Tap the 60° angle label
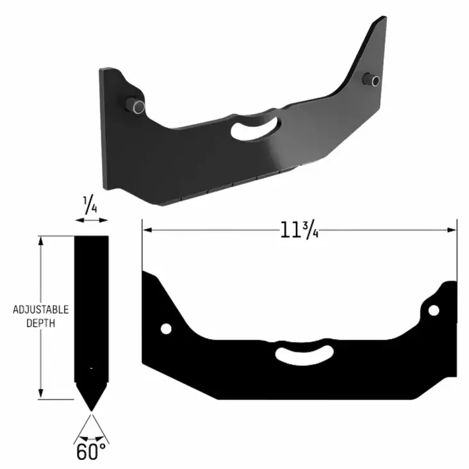(91, 452)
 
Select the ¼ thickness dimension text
(91, 207)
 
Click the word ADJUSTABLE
(41, 310)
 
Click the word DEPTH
(40, 324)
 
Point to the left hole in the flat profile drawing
(166, 329)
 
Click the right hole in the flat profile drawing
(434, 311)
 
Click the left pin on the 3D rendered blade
(136, 106)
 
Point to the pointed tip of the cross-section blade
(91, 409)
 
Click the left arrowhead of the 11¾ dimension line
(145, 229)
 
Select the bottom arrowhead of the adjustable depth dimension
(42, 395)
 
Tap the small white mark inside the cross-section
(92, 368)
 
